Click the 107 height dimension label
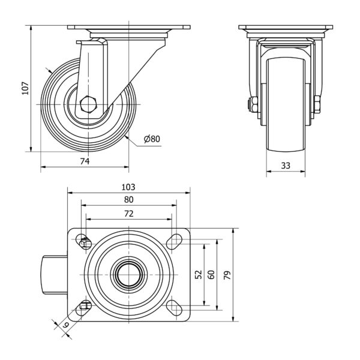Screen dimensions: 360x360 25,88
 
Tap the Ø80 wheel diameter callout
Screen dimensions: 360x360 152,139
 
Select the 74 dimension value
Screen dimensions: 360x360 85,162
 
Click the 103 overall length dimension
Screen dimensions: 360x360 129,187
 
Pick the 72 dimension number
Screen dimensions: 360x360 129,214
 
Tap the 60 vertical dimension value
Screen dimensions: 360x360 211,274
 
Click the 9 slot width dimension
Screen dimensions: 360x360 65,326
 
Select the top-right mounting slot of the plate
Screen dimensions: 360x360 175,241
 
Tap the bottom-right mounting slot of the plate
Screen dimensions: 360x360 175,307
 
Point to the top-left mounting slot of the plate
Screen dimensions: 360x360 85,242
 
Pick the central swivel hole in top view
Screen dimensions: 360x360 129,275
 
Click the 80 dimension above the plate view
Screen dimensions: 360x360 129,200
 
